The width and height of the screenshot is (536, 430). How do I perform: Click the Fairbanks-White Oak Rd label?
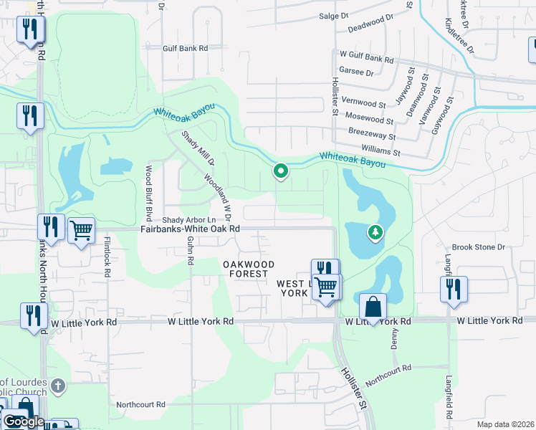click(189, 229)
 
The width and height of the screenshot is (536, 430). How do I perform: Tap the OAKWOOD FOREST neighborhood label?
click(245, 269)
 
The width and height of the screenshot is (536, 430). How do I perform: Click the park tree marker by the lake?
click(374, 232)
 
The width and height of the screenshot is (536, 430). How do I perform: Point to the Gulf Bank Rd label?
click(184, 48)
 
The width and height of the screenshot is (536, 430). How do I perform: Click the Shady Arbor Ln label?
click(189, 219)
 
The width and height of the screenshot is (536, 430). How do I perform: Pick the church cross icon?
click(58, 386)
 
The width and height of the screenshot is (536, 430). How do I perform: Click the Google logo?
click(24, 421)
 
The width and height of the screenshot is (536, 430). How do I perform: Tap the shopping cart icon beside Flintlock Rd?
click(81, 231)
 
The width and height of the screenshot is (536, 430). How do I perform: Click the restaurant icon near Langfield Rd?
click(454, 289)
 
